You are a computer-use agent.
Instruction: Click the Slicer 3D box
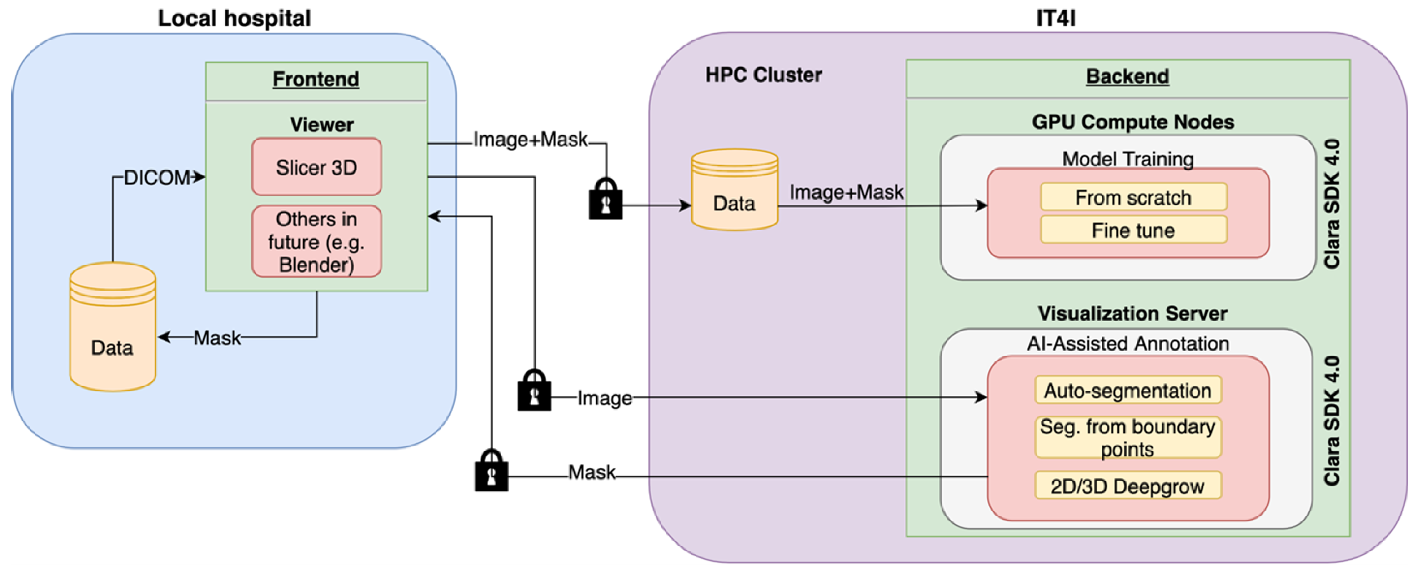316,167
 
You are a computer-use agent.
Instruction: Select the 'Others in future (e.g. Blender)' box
316,241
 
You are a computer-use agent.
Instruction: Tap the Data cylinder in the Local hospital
113,326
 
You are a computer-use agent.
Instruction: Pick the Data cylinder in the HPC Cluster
735,190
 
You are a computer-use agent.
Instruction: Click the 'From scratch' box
1133,197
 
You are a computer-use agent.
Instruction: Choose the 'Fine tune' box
1133,230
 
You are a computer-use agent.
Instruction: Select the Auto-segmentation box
1128,391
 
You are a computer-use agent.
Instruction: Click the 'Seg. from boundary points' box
1128,438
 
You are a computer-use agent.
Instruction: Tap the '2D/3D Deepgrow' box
1128,486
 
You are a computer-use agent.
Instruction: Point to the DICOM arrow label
157,177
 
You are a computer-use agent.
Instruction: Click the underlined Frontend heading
316,79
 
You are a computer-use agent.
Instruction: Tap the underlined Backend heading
1127,76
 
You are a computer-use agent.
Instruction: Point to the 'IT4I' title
1056,18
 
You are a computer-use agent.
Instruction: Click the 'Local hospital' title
235,18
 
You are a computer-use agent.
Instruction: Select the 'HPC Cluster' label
763,75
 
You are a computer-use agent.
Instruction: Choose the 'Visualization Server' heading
1132,313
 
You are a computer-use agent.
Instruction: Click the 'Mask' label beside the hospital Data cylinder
217,337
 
